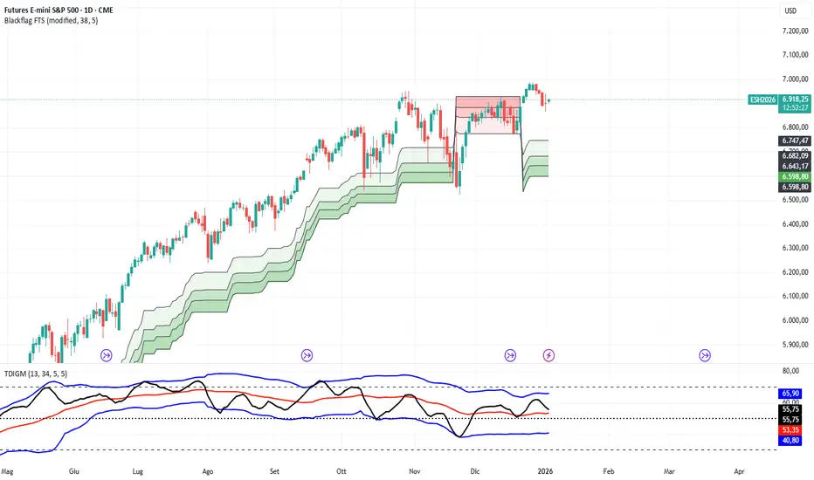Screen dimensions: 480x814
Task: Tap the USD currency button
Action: coord(789,11)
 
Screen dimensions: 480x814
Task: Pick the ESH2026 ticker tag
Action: coord(762,99)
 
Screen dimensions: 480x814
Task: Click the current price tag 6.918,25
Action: coord(794,99)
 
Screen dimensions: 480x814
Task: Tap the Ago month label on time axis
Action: coord(207,470)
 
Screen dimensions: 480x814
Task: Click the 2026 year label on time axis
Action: coord(548,470)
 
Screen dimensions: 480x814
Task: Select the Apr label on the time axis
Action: coord(739,470)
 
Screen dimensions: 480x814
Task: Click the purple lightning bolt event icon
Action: coord(548,355)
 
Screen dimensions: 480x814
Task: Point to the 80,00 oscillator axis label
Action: coord(791,370)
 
